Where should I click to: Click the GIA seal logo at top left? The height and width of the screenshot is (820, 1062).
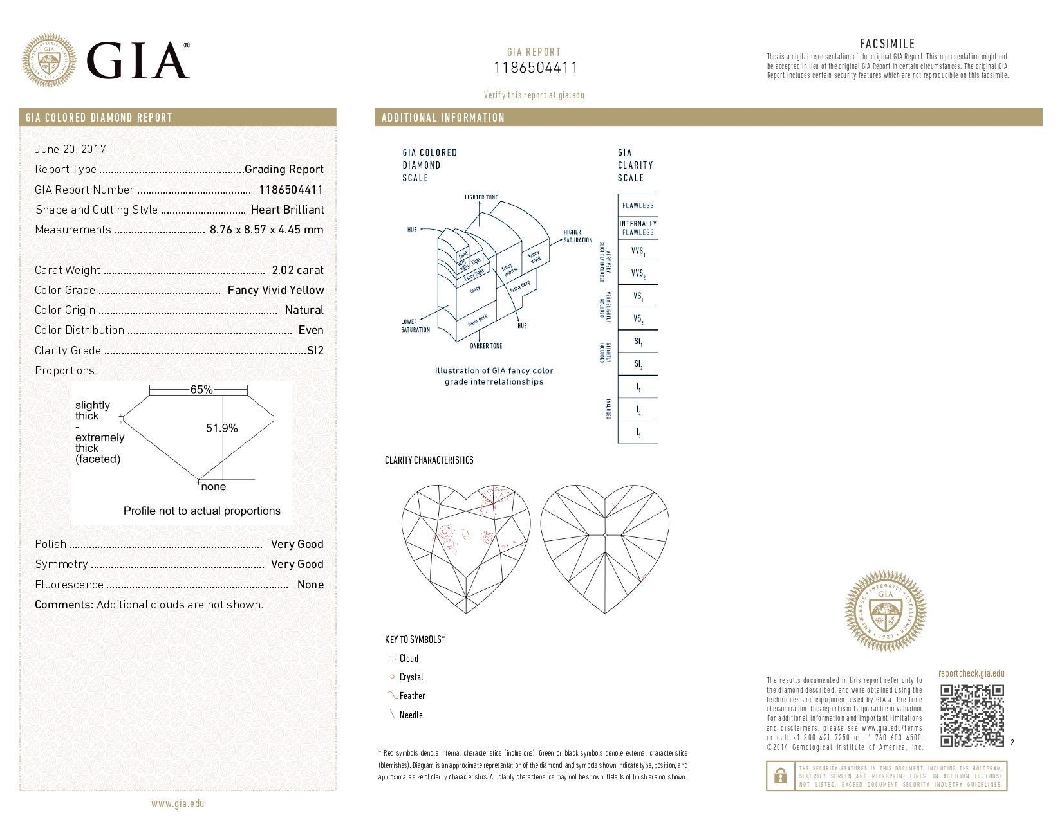point(49,60)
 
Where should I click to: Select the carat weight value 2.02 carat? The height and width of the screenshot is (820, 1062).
point(297,270)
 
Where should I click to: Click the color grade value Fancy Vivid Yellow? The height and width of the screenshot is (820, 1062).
point(275,290)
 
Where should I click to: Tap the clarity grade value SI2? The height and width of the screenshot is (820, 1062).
point(315,351)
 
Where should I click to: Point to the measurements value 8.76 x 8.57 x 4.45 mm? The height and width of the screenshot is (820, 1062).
point(266,230)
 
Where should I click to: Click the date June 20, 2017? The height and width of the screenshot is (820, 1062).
point(70,149)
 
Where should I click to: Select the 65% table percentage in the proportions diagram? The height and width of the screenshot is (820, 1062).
point(201,390)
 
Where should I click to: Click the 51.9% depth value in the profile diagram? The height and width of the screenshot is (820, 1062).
point(221,428)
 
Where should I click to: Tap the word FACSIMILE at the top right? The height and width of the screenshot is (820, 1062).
point(887,44)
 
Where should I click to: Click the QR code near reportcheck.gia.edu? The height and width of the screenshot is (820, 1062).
point(972,716)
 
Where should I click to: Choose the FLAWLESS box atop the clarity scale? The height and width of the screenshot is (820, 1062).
point(638,206)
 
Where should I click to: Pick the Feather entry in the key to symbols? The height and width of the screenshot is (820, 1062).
point(412,696)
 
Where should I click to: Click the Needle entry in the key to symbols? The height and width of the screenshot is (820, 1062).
point(411,715)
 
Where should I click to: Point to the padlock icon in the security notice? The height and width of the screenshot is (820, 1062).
point(780,776)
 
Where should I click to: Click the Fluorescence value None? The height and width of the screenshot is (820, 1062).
point(310,585)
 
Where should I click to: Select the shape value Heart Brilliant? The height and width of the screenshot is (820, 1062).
point(287,210)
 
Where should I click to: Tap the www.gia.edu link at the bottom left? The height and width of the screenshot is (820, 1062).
point(178,803)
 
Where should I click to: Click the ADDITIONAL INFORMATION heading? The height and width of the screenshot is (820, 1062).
point(443,118)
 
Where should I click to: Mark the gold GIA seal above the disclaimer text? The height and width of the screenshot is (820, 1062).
point(886,611)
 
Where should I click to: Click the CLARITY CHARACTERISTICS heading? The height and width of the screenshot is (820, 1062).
point(429,460)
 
